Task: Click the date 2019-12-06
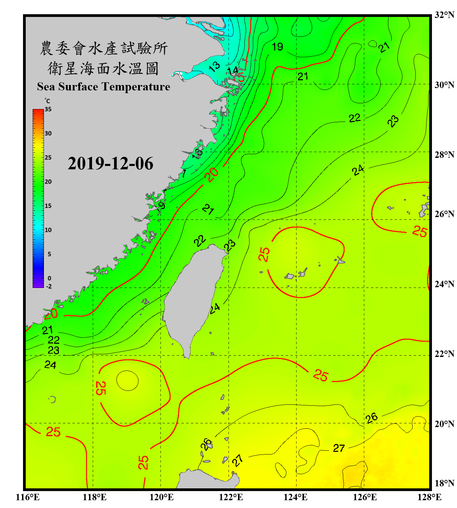coord(110,164)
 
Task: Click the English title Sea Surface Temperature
coord(104,87)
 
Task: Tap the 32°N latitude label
coord(444,15)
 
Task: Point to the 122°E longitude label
coord(231,497)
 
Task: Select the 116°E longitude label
coord(28,497)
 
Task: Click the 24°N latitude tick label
coord(444,284)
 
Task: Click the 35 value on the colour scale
coord(48,109)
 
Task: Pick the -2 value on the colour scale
coord(49,287)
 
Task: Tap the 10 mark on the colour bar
coord(48,230)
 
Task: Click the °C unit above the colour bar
coord(47,101)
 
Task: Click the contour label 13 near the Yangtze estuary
coord(214,66)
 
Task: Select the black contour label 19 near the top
coord(277,47)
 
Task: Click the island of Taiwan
coord(191,295)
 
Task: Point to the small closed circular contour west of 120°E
coord(127,381)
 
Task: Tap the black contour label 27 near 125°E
coord(339,448)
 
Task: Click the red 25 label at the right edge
coord(419,232)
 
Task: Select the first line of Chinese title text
coord(104,48)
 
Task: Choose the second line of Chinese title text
coord(104,68)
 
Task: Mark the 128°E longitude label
coord(429,497)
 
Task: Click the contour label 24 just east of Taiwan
coord(215,308)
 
